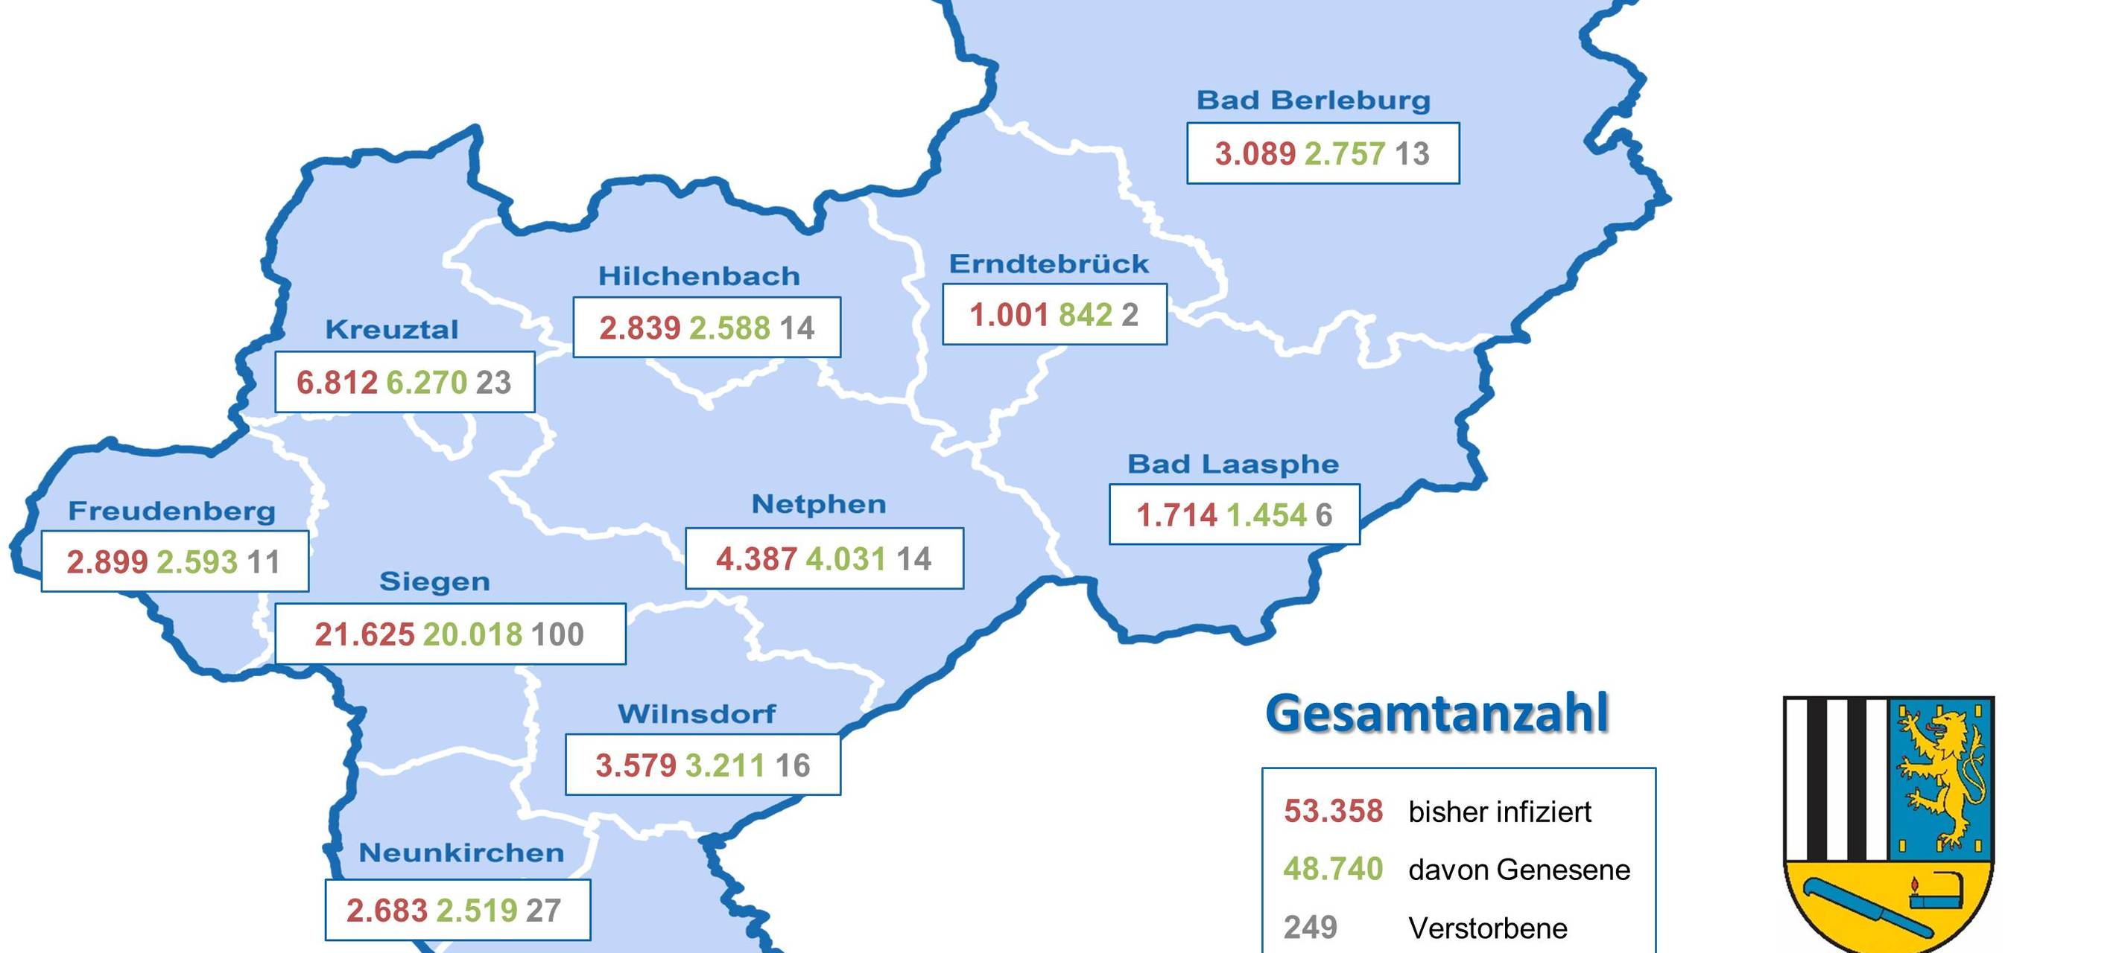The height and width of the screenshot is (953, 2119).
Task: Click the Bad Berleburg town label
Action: [1313, 101]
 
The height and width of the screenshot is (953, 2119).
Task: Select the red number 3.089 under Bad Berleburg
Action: [1255, 154]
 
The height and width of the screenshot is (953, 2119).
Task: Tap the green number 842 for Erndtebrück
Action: [1085, 315]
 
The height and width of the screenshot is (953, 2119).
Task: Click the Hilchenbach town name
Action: [698, 276]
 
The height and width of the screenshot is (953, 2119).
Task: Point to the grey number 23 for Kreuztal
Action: [493, 383]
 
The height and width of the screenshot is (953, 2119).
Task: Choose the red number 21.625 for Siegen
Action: [364, 635]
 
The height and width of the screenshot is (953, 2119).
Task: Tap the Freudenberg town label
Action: [172, 511]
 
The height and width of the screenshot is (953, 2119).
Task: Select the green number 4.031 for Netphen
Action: [846, 559]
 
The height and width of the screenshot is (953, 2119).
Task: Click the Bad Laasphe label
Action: [1232, 465]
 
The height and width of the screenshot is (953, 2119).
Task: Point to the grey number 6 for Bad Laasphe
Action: [1323, 515]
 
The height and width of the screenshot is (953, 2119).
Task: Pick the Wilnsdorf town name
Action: [696, 714]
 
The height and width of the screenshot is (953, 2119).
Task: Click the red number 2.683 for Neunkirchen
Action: [387, 911]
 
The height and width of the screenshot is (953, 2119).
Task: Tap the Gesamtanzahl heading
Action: [1437, 714]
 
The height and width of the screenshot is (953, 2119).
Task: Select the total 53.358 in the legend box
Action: [1333, 812]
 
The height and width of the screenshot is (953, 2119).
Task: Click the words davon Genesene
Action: [1518, 870]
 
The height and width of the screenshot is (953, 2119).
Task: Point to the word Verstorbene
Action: [1487, 928]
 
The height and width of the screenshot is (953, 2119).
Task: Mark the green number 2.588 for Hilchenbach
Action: [729, 328]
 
